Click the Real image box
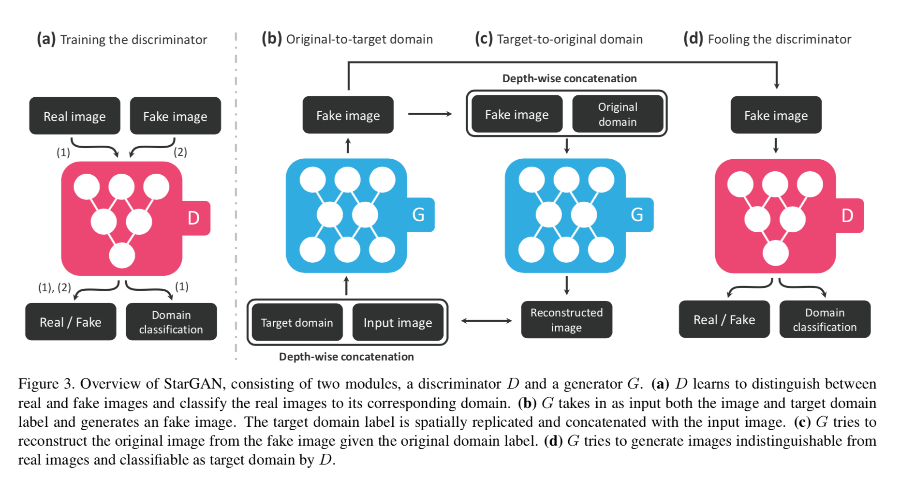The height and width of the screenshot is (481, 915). pyautogui.click(x=74, y=116)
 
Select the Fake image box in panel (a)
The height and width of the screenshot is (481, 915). pyautogui.click(x=175, y=116)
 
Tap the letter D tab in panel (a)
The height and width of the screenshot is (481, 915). pyautogui.click(x=194, y=218)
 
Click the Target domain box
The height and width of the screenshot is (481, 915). pyautogui.click(x=297, y=323)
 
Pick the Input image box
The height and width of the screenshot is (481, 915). pyautogui.click(x=398, y=323)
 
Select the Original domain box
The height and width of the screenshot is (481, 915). pyautogui.click(x=618, y=114)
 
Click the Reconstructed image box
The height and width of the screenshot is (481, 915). pyautogui.click(x=566, y=320)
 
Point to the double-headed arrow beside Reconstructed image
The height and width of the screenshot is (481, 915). pyautogui.click(x=486, y=320)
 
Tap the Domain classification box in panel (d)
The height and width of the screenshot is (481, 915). pyautogui.click(x=825, y=319)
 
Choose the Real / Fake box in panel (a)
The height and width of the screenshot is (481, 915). pyautogui.click(x=71, y=322)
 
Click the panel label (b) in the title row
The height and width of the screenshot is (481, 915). pyautogui.click(x=272, y=38)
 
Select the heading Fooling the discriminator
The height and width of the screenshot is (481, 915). pyautogui.click(x=779, y=39)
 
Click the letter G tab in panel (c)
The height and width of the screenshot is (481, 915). pyautogui.click(x=637, y=214)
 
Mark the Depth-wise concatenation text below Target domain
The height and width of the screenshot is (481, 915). pyautogui.click(x=346, y=357)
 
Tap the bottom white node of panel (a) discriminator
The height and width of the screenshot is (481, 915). pyautogui.click(x=122, y=256)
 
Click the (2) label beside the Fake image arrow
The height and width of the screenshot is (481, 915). pyautogui.click(x=180, y=152)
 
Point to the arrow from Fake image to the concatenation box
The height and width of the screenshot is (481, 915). pyautogui.click(x=429, y=114)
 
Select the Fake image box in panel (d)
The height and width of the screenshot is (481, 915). pyautogui.click(x=776, y=115)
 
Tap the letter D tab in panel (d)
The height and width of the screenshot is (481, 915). pyautogui.click(x=847, y=216)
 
